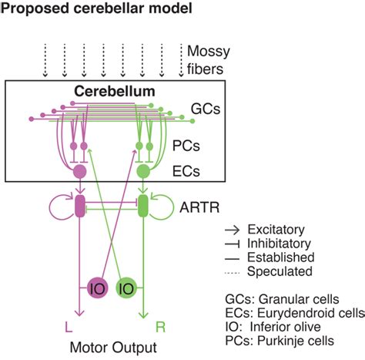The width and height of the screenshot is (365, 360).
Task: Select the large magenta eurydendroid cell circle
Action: [78, 171]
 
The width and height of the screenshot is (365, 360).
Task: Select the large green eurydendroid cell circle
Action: [142, 170]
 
